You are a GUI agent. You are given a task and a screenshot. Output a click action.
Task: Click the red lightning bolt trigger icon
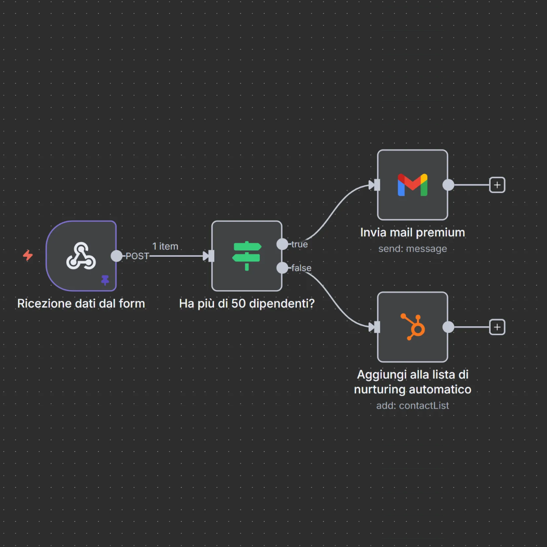tap(28, 256)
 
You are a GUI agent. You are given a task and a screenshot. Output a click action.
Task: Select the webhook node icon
tap(81, 255)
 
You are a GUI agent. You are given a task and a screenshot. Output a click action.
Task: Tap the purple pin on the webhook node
tap(105, 280)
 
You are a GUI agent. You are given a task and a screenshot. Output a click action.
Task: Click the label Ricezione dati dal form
tap(81, 303)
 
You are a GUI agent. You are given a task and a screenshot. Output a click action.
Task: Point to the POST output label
tap(137, 256)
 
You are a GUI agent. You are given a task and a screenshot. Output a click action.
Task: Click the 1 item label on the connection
tap(165, 246)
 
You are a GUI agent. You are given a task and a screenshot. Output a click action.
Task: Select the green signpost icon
tap(247, 255)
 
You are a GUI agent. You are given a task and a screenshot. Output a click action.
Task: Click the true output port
tap(282, 244)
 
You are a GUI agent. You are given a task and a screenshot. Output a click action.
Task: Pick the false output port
tap(282, 267)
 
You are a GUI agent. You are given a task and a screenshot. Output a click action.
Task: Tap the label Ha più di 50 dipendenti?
tap(247, 303)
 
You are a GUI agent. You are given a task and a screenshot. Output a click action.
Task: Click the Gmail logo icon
tap(412, 185)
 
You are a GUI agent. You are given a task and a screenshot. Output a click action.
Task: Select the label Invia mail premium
tap(412, 232)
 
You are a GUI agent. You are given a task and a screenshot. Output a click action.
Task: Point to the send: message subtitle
tap(412, 249)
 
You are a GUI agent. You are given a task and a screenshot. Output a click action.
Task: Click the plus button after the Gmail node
tap(497, 185)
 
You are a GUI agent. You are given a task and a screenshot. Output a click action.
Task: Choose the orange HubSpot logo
tap(413, 326)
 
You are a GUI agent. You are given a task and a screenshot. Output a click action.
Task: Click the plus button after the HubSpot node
tap(497, 327)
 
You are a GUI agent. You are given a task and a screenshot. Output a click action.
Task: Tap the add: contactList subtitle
tap(412, 406)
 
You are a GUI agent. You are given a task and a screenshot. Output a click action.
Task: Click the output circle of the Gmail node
tap(448, 185)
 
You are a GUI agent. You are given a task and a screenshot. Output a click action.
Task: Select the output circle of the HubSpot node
tap(448, 327)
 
